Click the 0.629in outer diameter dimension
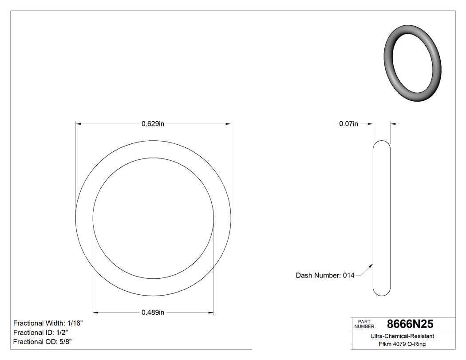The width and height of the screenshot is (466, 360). click(153, 124)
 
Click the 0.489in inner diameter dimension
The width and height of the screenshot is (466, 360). click(153, 313)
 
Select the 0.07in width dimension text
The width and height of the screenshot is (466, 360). click(348, 124)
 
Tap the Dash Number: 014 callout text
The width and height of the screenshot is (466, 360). click(325, 276)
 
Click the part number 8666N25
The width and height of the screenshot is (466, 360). click(410, 324)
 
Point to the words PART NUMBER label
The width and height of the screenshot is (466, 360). click(364, 324)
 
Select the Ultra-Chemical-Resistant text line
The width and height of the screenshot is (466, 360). click(402, 336)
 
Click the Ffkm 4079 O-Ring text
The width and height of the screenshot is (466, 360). click(402, 344)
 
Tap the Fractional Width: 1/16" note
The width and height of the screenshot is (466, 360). click(48, 324)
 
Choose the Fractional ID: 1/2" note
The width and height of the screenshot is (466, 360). click(40, 332)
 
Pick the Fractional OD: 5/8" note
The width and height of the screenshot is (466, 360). click(43, 342)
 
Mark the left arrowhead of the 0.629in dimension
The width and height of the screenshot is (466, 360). click(79, 124)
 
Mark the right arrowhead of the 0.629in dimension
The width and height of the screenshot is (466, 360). click(229, 124)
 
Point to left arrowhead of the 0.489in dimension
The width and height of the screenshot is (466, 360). click(95, 313)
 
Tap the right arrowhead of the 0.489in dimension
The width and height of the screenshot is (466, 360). click(211, 313)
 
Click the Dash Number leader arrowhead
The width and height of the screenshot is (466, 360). click(371, 265)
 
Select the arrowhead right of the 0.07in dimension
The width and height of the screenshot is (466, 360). click(393, 124)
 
